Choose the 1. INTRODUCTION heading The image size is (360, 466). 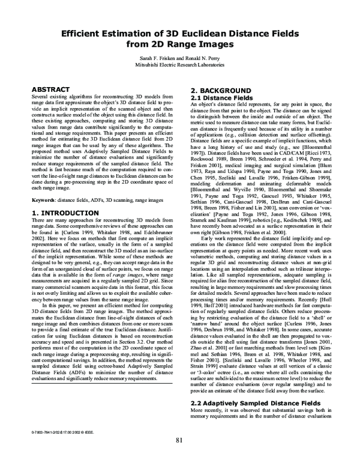(x=61, y=213)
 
